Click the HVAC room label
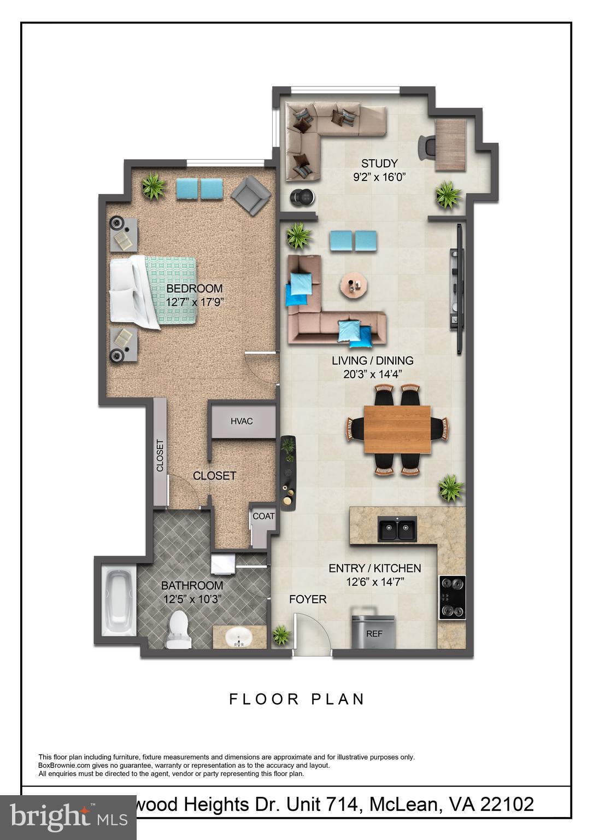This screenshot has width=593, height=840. pyautogui.click(x=242, y=421)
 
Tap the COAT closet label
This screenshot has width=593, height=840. pyautogui.click(x=263, y=516)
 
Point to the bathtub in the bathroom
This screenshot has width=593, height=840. pyautogui.click(x=119, y=602)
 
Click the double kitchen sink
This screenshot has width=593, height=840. pyautogui.click(x=397, y=530)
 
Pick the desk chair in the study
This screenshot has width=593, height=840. pyautogui.click(x=426, y=147)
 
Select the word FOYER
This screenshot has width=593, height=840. pyautogui.click(x=308, y=599)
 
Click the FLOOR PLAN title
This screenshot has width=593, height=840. pyautogui.click(x=297, y=699)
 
